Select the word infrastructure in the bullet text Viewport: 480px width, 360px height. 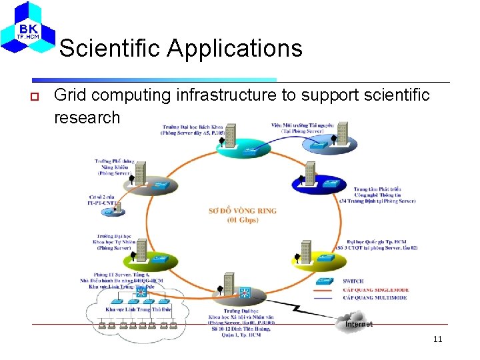point(227,96)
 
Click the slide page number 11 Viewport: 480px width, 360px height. point(437,339)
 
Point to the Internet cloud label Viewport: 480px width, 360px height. point(359,324)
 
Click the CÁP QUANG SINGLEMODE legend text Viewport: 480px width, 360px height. point(375,290)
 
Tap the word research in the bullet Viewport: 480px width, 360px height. point(87,117)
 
